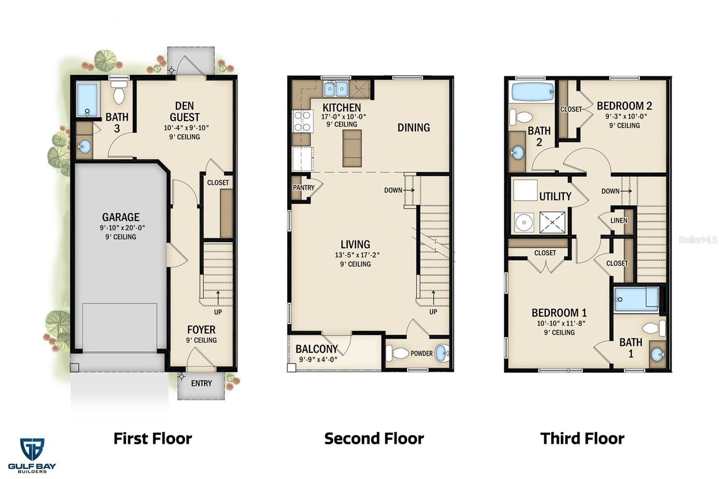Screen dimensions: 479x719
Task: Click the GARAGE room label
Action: [x=120, y=217]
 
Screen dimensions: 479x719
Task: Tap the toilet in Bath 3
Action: [x=119, y=95]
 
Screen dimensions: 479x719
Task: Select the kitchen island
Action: [x=352, y=148]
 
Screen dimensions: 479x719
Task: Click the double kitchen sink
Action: [x=336, y=89]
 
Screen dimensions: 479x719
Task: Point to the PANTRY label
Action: [x=303, y=188]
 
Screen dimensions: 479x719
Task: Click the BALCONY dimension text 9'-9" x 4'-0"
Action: [x=318, y=359]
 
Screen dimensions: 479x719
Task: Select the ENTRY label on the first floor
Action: [x=201, y=383]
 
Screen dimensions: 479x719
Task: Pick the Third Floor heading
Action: [x=582, y=438]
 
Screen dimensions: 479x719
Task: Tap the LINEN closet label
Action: [x=619, y=220]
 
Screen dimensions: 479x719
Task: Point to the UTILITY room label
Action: [x=555, y=197]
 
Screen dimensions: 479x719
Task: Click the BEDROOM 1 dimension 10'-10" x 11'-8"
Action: [x=559, y=323]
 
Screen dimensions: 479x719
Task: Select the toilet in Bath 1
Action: [x=655, y=328]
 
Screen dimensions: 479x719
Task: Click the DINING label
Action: [x=413, y=128]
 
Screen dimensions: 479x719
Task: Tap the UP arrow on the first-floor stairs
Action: [x=218, y=297]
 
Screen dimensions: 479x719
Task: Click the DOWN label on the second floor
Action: [x=393, y=190]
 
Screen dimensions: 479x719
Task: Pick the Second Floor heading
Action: [x=374, y=438]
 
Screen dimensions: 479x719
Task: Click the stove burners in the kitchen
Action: [x=302, y=121]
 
